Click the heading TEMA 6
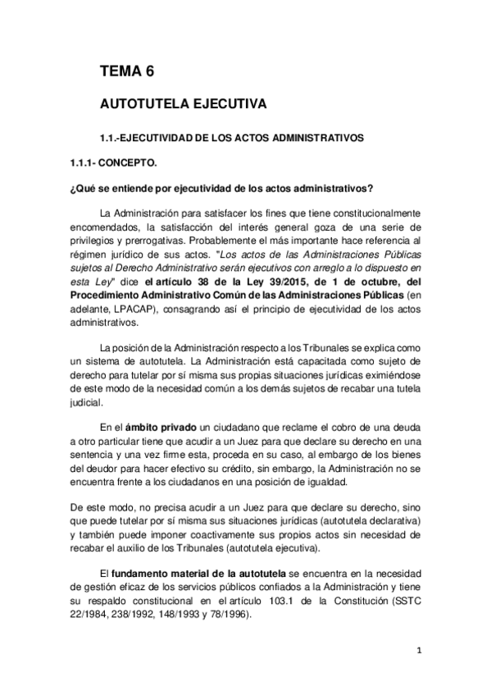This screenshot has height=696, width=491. click(126, 72)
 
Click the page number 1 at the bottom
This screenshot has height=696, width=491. click(418, 652)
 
